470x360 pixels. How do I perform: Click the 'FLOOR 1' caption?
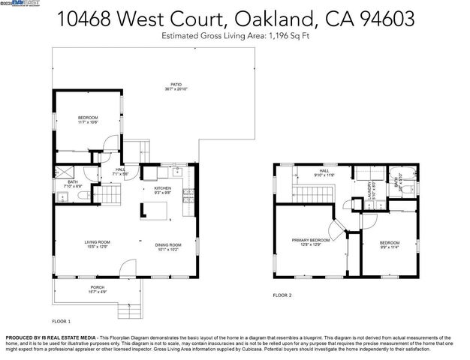coord(62,321)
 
